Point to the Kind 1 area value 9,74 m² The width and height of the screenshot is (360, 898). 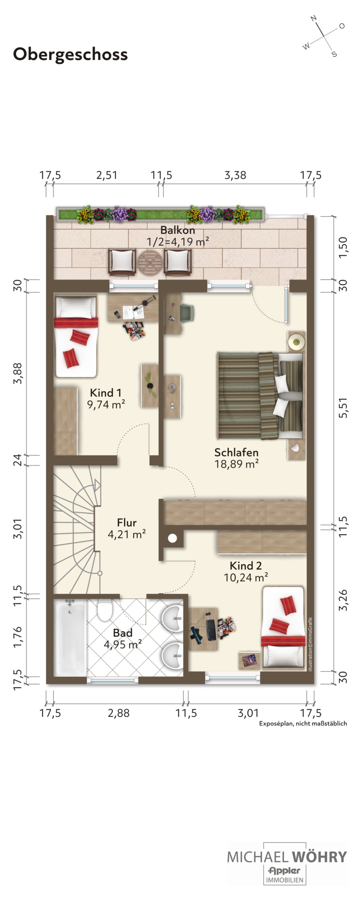pyautogui.click(x=106, y=404)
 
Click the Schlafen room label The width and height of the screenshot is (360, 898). pyautogui.click(x=236, y=452)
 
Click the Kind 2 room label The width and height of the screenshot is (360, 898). pyautogui.click(x=246, y=565)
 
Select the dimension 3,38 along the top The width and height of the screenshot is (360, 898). pyautogui.click(x=235, y=175)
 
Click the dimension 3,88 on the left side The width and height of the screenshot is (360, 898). pyautogui.click(x=17, y=373)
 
